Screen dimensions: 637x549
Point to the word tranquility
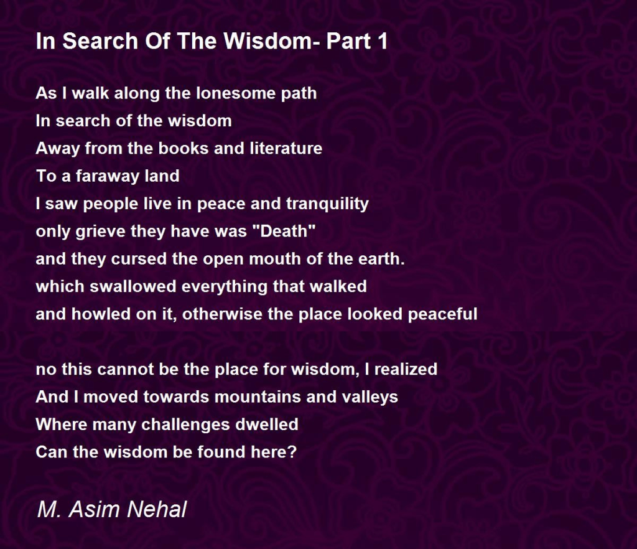click(x=327, y=204)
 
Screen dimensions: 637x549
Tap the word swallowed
click(x=133, y=286)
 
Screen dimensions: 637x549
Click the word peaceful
click(x=442, y=314)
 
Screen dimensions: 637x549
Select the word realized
click(x=406, y=369)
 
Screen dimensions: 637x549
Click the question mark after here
click(x=292, y=453)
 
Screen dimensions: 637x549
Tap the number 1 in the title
click(x=383, y=42)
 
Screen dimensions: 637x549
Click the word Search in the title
click(x=100, y=42)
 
